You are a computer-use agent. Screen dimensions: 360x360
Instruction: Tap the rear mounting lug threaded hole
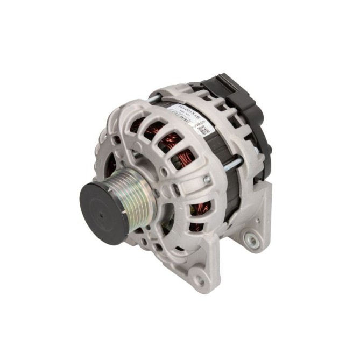pyautogui.click(x=250, y=237)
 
